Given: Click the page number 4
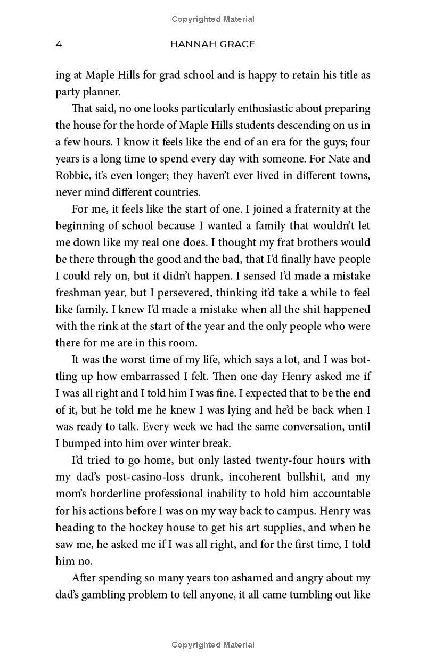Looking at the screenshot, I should pyautogui.click(x=59, y=44).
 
